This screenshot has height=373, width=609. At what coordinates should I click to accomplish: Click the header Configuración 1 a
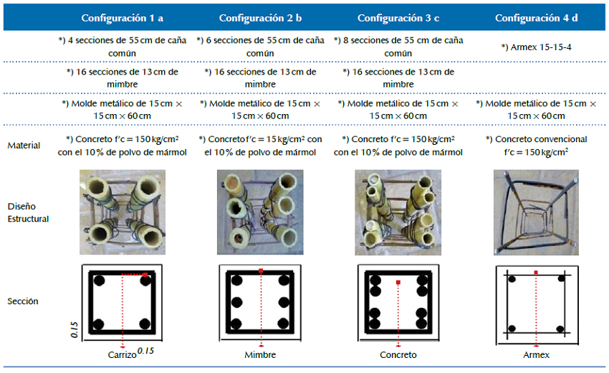coord(122,18)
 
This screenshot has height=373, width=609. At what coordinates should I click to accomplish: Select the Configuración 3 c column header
coord(398,18)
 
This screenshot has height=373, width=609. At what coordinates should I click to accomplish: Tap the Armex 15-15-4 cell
coord(536,47)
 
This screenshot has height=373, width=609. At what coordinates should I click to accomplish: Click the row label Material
coord(24,145)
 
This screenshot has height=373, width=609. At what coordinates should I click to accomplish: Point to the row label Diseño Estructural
coord(28,212)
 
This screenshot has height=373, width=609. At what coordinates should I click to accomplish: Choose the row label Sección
coord(22,301)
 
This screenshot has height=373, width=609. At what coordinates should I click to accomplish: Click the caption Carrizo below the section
coord(122,355)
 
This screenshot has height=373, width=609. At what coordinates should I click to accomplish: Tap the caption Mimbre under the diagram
coord(260,355)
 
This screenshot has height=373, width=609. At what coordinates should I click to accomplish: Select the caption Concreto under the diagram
coord(398,355)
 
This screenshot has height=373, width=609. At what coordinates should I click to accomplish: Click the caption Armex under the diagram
coord(536,355)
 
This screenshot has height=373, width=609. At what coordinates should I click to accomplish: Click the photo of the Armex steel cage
coord(536,212)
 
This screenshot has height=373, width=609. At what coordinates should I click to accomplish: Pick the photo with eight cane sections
coord(398,212)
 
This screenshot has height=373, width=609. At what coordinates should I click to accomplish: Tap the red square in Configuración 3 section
coord(398,283)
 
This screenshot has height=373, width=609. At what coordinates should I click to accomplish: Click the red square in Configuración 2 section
coord(261,270)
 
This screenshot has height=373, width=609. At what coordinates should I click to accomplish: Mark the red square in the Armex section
coord(536,273)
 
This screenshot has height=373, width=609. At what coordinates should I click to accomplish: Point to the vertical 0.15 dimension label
coord(75,330)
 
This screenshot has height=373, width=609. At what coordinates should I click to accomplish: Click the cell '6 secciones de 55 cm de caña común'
coord(260,47)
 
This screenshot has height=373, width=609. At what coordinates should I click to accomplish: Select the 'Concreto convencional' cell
coord(536,146)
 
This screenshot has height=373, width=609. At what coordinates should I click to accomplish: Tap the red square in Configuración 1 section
coord(145,275)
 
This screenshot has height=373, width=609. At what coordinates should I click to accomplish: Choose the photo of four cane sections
coord(123,212)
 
